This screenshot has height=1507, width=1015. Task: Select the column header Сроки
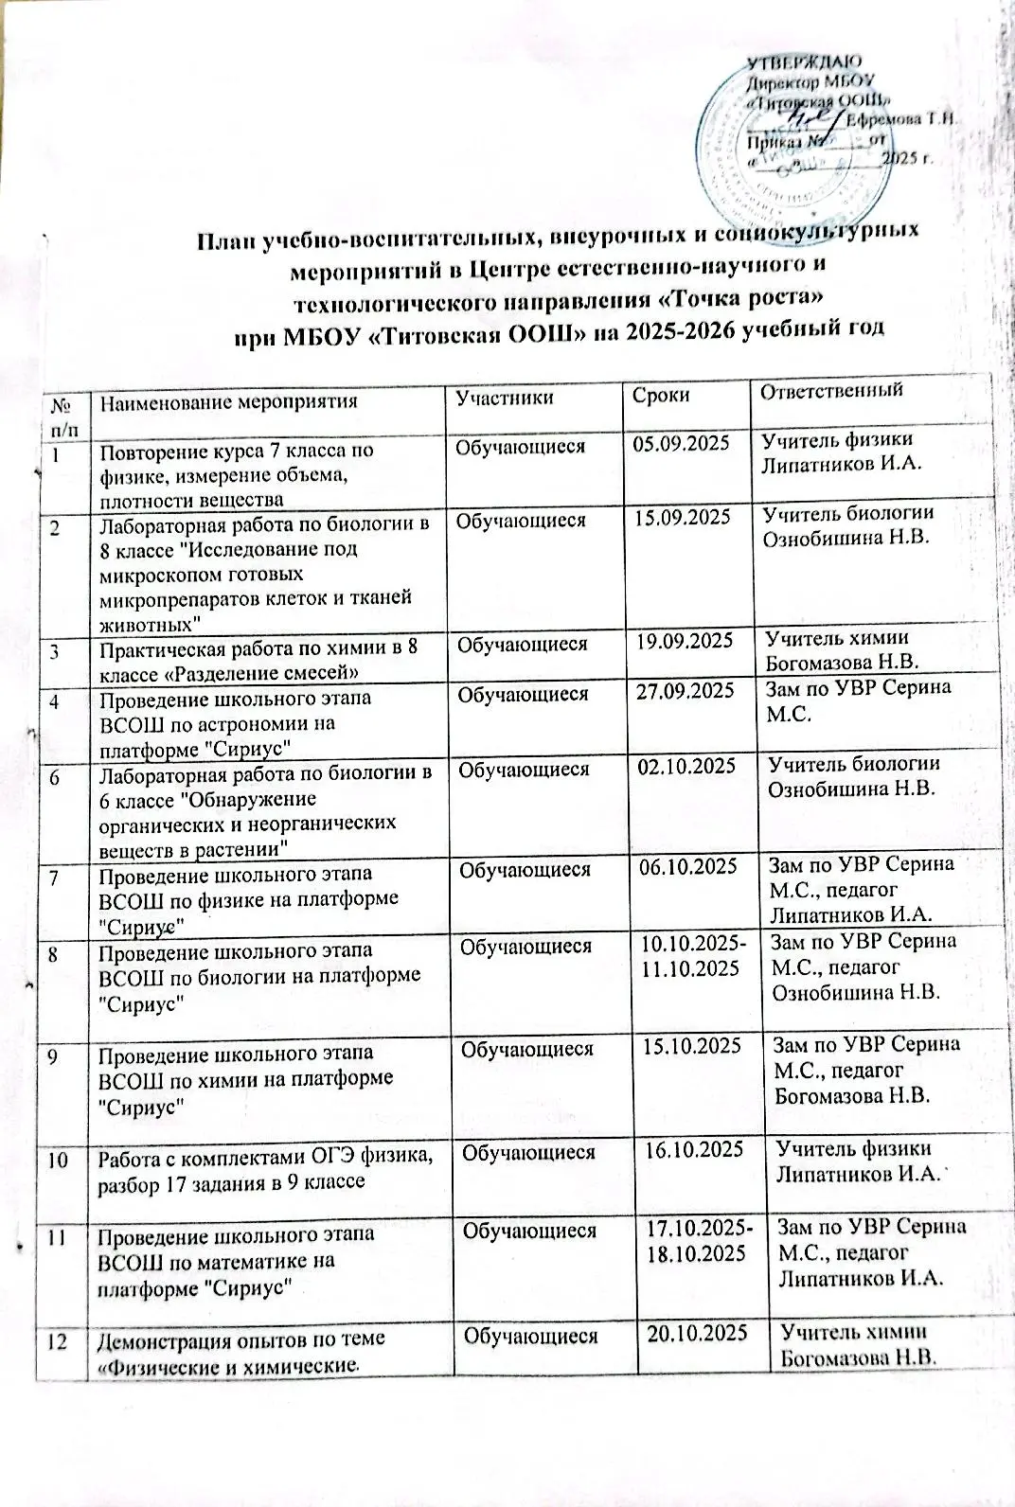pos(662,396)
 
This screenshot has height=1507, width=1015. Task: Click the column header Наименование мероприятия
pos(230,400)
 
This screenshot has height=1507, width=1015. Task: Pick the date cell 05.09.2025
pos(682,444)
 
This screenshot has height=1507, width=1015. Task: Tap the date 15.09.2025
pos(683,519)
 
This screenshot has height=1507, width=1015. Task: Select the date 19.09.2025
pos(685,641)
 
